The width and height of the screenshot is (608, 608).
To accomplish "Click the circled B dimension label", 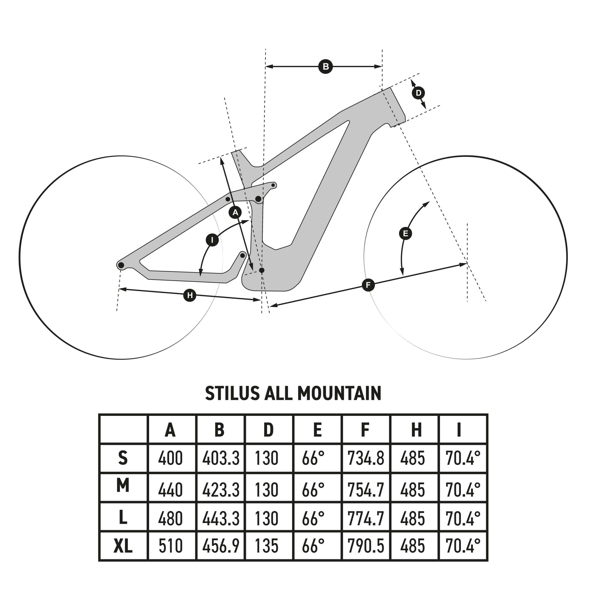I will (325, 67).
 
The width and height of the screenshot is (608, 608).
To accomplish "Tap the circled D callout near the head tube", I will (418, 93).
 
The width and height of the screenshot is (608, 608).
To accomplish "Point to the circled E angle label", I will (405, 233).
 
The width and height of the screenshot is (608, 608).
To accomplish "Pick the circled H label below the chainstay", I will (190, 295).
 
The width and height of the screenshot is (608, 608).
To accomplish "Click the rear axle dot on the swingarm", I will (121, 265).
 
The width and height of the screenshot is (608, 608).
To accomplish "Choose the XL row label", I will (123, 546).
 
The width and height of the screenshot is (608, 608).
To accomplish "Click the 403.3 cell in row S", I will (221, 458).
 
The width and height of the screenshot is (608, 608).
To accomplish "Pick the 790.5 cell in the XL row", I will (366, 546).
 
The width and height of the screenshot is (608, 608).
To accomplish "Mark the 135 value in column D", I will (267, 546).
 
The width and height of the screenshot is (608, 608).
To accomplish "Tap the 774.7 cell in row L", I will (366, 519).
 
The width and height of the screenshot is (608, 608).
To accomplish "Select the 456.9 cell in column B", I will (221, 546).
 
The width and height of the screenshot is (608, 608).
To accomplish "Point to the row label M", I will (123, 486).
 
